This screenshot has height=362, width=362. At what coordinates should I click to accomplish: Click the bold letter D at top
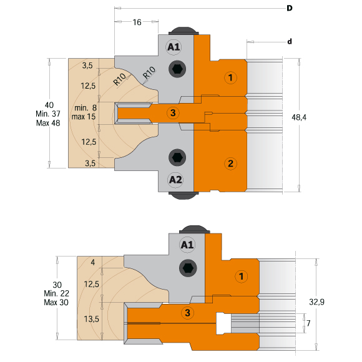tap(290, 8)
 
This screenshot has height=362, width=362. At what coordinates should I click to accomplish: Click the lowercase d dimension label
tap(290, 42)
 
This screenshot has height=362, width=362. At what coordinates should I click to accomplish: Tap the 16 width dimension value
tap(137, 22)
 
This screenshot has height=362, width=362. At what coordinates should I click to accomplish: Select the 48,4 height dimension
tap(299, 117)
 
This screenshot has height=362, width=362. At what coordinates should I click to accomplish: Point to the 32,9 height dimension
tap(316, 301)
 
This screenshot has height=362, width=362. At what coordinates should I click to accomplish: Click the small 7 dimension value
tap(308, 323)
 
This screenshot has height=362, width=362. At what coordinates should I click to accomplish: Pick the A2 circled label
tap(175, 179)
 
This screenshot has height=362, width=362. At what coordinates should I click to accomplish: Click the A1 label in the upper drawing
tap(174, 47)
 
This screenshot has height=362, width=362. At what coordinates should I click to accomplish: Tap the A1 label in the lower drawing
tap(187, 245)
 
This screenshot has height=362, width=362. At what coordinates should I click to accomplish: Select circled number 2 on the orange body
tap(230, 164)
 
